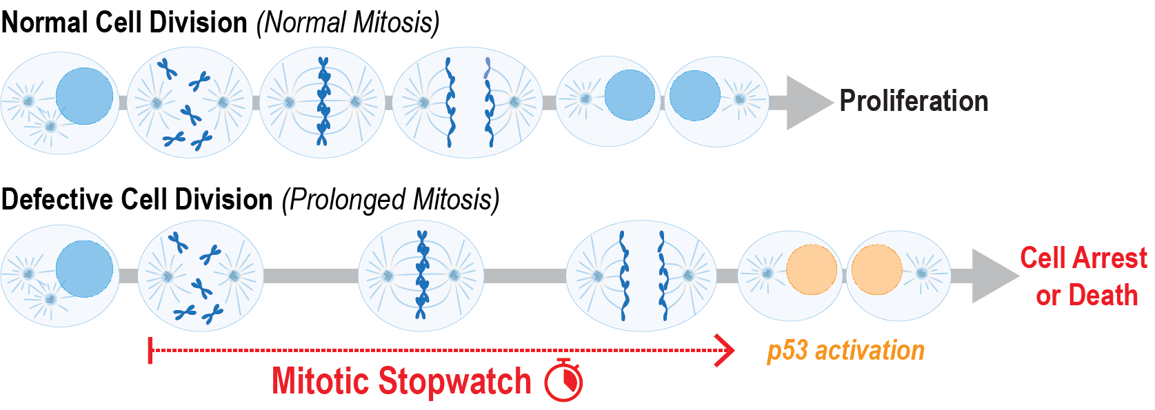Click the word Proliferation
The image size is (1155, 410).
914,101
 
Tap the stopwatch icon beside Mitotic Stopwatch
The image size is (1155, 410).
563,380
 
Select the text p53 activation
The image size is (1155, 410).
845,350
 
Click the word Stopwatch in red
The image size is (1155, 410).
455,381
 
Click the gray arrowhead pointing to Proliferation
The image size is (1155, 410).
808,102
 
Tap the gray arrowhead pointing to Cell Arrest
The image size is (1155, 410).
993,276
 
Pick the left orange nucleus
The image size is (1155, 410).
812,269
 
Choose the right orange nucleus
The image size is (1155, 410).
876,269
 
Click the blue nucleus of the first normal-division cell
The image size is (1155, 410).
84,96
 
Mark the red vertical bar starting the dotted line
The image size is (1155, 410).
150,350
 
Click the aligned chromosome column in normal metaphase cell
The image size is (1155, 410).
323,102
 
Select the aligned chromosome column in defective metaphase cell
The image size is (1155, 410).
422,276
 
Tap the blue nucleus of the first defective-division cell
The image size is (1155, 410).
84,269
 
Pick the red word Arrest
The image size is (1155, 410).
1116,258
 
